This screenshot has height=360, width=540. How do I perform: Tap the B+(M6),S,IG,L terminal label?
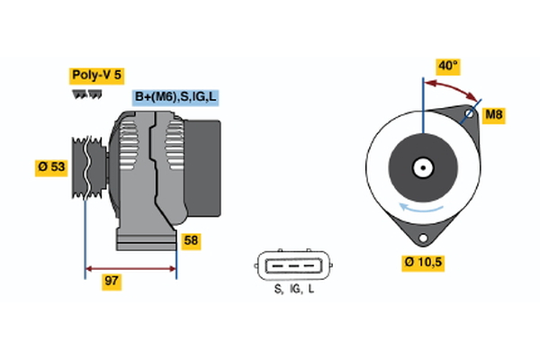(176, 97)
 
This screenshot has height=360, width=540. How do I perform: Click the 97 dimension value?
(112, 282)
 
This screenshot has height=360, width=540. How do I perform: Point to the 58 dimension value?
(191, 240)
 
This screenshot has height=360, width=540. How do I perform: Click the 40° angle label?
(447, 66)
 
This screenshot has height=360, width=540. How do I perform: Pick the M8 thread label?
(494, 114)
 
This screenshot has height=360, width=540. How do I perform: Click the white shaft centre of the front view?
(421, 167)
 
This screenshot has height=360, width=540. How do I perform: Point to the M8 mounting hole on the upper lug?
(469, 114)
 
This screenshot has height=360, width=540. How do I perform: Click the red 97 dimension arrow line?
(130, 268)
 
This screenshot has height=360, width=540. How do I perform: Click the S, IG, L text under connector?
(293, 290)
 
